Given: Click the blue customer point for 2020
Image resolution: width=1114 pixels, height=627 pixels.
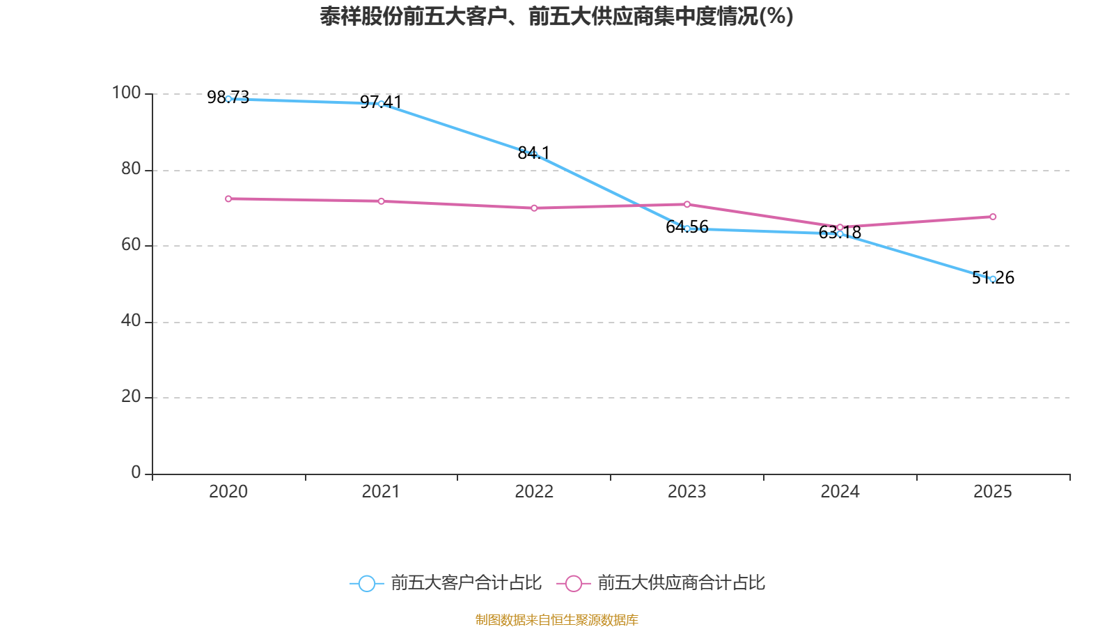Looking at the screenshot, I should click(228, 99).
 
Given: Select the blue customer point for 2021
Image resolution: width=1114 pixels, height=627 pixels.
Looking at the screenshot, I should click(381, 104).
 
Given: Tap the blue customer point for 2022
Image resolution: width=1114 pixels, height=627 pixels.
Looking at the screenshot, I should click(534, 154).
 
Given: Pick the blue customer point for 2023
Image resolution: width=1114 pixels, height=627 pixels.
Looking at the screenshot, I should click(687, 229).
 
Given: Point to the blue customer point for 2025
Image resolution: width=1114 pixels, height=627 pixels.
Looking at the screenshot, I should click(993, 279).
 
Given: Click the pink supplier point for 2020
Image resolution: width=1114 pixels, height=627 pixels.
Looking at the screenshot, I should click(228, 199).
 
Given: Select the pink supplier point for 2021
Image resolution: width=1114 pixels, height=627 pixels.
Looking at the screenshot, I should click(381, 201).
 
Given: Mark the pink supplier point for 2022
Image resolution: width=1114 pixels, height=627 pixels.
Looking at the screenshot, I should click(534, 208).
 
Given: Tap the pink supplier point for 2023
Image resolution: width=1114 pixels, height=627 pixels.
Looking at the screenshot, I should click(687, 204).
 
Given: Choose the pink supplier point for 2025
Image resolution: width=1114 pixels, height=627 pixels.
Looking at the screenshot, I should click(993, 217).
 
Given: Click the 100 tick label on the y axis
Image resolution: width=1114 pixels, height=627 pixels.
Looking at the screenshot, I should click(126, 93).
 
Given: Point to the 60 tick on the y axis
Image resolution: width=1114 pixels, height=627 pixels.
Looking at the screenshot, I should click(130, 245).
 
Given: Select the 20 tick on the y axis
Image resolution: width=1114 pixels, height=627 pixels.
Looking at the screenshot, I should click(130, 396).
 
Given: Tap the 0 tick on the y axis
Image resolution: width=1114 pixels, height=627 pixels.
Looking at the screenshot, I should click(136, 472).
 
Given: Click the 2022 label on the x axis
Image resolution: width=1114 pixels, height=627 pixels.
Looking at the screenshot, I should click(534, 492).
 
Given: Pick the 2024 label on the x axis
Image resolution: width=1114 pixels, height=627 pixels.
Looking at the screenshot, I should click(840, 492).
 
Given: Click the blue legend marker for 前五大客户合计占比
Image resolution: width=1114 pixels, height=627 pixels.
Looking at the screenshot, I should click(366, 583).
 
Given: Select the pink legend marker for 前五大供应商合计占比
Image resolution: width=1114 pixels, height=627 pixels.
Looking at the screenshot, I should click(573, 583).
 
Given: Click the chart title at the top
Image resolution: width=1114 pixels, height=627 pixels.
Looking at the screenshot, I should click(556, 16).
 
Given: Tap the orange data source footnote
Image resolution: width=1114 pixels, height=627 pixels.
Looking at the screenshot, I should click(556, 619).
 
